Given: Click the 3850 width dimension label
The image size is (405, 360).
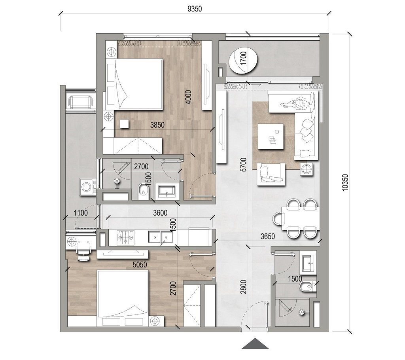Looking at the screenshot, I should [x=157, y=125].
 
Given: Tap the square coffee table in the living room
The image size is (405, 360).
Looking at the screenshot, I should [x=271, y=136].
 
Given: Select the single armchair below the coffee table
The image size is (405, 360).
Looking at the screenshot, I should [x=271, y=174].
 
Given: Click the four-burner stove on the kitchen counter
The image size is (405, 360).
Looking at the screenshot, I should [x=125, y=237].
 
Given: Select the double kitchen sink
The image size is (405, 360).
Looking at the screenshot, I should [x=161, y=237].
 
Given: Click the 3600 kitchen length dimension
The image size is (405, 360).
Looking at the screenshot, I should [x=160, y=212].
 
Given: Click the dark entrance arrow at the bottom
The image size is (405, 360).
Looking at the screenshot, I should [x=255, y=344].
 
